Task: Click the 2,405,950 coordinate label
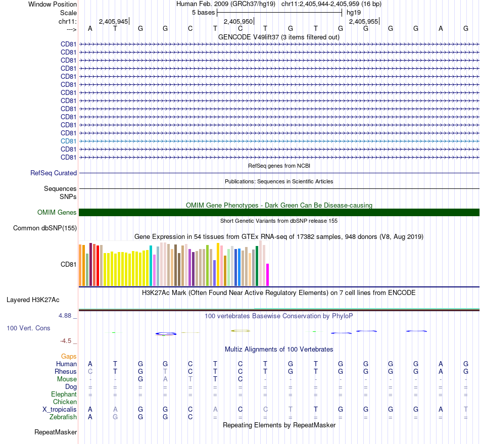click(x=238, y=22)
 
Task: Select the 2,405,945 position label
click(x=113, y=22)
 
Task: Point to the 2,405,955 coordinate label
click(x=363, y=22)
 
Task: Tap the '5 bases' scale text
click(x=204, y=12)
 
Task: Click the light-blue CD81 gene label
click(x=68, y=141)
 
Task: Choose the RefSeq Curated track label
click(x=54, y=173)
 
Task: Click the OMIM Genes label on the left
click(x=57, y=213)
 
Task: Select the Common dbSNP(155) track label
click(x=45, y=228)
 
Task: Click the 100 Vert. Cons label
click(x=28, y=328)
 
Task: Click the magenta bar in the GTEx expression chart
click(x=268, y=274)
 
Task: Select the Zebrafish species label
click(x=63, y=417)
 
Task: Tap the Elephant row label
click(x=64, y=394)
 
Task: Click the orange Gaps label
click(x=69, y=357)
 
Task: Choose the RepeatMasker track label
click(x=56, y=432)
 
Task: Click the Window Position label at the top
click(x=53, y=5)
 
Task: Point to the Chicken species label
click(x=65, y=402)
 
